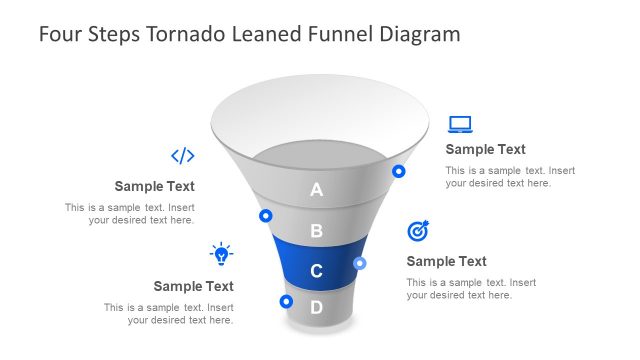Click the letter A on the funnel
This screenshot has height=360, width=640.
pyautogui.click(x=317, y=189)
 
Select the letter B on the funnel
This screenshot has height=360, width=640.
pyautogui.click(x=317, y=231)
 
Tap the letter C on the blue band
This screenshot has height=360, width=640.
pyautogui.click(x=317, y=271)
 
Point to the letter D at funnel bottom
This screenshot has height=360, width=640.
pyautogui.click(x=317, y=307)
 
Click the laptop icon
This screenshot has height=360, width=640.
pyautogui.click(x=460, y=125)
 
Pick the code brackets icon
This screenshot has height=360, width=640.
pyautogui.click(x=182, y=155)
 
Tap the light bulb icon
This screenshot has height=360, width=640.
pyautogui.click(x=221, y=253)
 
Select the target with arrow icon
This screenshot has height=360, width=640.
pyautogui.click(x=418, y=231)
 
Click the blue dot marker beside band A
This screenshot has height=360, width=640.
pyautogui.click(x=399, y=171)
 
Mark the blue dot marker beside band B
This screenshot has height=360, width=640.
pyautogui.click(x=266, y=215)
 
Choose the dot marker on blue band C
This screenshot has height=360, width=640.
pyautogui.click(x=360, y=263)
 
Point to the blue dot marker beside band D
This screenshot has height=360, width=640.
pyautogui.click(x=286, y=300)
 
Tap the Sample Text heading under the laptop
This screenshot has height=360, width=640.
pyautogui.click(x=485, y=149)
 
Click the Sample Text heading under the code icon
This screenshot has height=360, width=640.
pyautogui.click(x=154, y=186)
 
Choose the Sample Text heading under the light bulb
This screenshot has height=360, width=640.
pyautogui.click(x=193, y=286)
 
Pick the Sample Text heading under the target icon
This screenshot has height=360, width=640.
pyautogui.click(x=446, y=261)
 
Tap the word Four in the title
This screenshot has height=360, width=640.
pyautogui.click(x=58, y=34)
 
